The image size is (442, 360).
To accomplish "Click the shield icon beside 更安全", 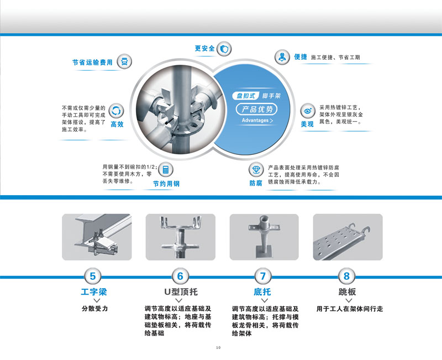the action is click(x=224, y=49).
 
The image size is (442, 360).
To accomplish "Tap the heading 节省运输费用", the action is click(x=92, y=62).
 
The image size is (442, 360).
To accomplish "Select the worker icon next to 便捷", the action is click(x=282, y=57).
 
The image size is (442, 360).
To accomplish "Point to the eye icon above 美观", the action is click(x=308, y=111).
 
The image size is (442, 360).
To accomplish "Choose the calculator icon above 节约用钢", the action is click(x=166, y=170).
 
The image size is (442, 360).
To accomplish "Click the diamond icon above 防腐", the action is click(x=256, y=169).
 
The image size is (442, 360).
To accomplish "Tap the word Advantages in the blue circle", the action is click(x=255, y=121).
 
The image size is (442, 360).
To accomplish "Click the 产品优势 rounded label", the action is click(x=256, y=109).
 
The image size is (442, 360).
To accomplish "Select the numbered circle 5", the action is click(x=93, y=276).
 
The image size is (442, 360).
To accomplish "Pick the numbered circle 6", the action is click(x=180, y=276).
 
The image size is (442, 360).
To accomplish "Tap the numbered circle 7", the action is click(x=263, y=276).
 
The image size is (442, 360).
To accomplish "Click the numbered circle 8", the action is click(x=347, y=276).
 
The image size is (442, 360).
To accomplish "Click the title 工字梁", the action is click(x=94, y=292).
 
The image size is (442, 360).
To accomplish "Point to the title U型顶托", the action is click(x=181, y=292).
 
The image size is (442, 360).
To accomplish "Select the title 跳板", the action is click(x=348, y=292).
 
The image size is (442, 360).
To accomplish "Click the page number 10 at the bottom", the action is click(x=218, y=348).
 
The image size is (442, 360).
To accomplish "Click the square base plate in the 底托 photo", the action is click(x=264, y=252).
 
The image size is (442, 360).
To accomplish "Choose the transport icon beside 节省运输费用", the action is click(x=124, y=61).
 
